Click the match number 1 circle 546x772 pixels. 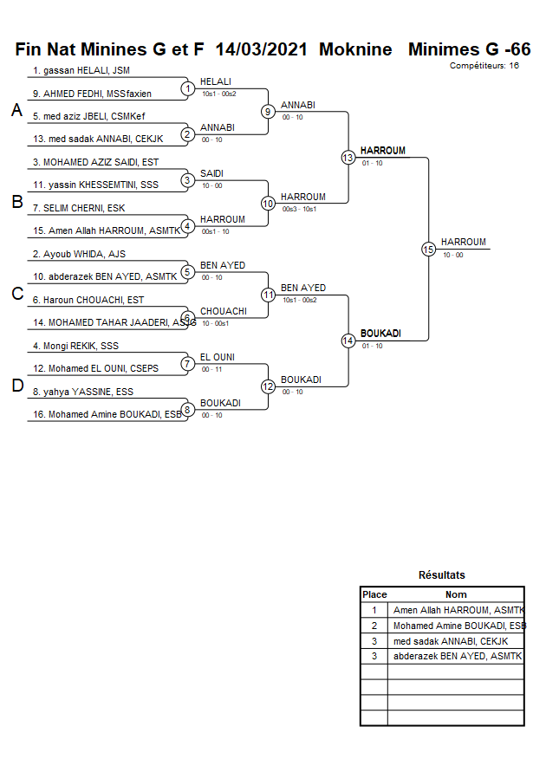[187, 88]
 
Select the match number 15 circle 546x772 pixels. [428, 250]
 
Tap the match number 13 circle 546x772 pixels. [348, 158]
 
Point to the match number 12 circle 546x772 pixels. [268, 386]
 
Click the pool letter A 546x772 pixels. [16, 111]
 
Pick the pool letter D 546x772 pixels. [16, 386]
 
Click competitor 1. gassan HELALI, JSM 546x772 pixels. [81, 70]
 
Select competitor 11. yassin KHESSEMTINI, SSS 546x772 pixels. [95, 185]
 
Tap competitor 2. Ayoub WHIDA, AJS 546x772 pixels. [80, 255]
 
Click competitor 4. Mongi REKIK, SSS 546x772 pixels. [76, 346]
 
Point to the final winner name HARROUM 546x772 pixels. [463, 242]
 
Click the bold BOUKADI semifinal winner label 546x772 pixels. [380, 334]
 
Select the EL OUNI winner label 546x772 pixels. [218, 357]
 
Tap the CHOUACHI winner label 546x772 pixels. [224, 311]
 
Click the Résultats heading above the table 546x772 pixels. [442, 575]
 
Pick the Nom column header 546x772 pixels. [456, 594]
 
